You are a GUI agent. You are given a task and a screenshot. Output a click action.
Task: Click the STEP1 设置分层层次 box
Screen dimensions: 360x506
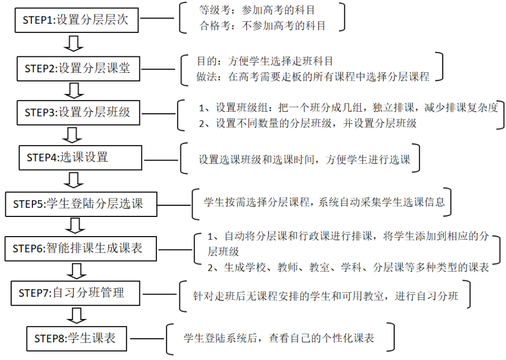(x=76, y=21)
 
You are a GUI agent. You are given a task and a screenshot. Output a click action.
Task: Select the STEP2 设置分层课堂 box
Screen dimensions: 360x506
(x=77, y=68)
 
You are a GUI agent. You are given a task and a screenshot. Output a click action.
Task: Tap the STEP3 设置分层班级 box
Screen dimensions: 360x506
(x=77, y=112)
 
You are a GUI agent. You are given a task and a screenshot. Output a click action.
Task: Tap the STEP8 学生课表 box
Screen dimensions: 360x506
(x=77, y=338)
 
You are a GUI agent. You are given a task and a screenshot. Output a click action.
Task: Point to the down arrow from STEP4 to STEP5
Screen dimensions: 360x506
(x=78, y=180)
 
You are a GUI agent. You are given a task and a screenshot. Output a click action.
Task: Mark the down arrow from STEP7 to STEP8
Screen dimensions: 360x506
(x=78, y=315)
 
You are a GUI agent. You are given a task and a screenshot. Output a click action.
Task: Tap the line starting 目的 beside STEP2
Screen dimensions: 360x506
(x=264, y=62)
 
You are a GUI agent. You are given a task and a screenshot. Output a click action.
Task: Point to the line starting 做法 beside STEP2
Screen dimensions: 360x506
(x=312, y=77)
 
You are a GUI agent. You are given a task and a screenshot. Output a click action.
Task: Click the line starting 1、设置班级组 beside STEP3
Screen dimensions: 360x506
(x=349, y=108)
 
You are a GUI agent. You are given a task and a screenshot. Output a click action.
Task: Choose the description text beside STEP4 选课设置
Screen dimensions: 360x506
(x=304, y=159)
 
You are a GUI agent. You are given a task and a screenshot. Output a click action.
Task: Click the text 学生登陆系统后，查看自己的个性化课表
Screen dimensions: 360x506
(x=279, y=338)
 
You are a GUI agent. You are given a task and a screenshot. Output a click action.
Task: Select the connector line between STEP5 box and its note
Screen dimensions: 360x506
(x=175, y=203)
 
